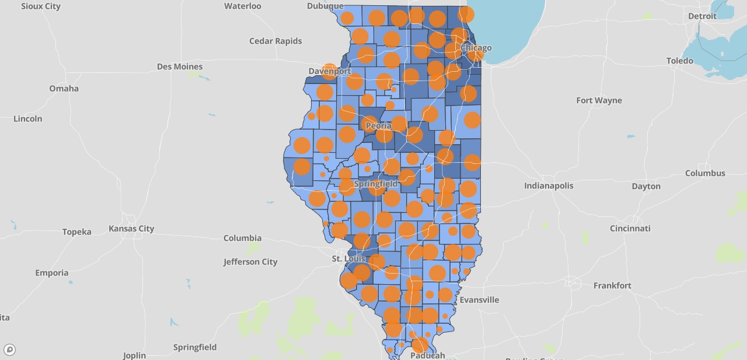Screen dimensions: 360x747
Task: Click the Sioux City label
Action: click(40, 6)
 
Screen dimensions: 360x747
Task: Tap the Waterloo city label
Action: click(243, 6)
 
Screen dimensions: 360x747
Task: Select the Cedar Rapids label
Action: click(275, 41)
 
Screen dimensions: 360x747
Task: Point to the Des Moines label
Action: click(180, 67)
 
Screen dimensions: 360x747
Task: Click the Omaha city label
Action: click(64, 89)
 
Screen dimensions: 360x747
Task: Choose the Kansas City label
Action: click(131, 228)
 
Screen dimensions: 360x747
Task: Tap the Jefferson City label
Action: click(250, 262)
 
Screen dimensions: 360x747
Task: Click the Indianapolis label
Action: click(549, 186)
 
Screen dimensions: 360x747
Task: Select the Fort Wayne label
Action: click(599, 100)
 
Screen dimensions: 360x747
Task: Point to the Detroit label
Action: click(702, 16)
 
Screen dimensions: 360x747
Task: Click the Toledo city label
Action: click(680, 61)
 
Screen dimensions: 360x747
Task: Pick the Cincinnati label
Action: click(630, 228)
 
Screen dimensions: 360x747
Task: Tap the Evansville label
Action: click(479, 300)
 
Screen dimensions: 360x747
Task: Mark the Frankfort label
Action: click(612, 285)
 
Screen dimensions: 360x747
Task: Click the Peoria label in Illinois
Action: click(378, 125)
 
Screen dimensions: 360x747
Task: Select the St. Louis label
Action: click(348, 258)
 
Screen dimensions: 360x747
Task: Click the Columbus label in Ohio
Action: click(705, 173)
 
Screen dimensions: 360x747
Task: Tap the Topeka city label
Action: click(77, 232)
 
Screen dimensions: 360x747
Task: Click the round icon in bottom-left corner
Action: click(9, 350)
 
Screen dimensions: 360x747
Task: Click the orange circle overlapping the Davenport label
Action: click(329, 72)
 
